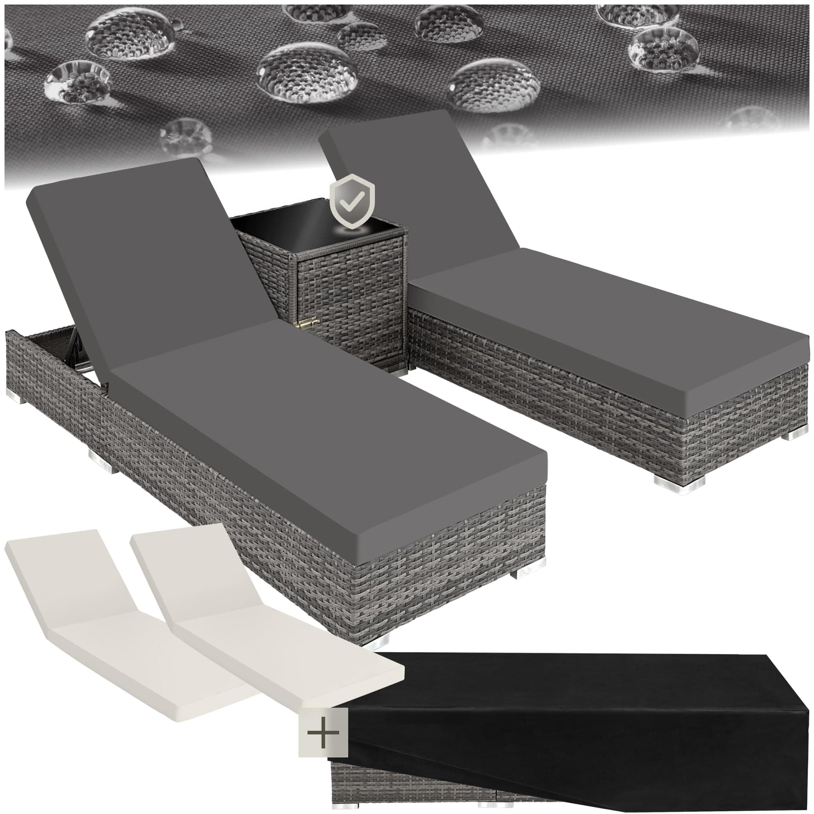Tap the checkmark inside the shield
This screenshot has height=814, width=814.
[349, 203]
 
